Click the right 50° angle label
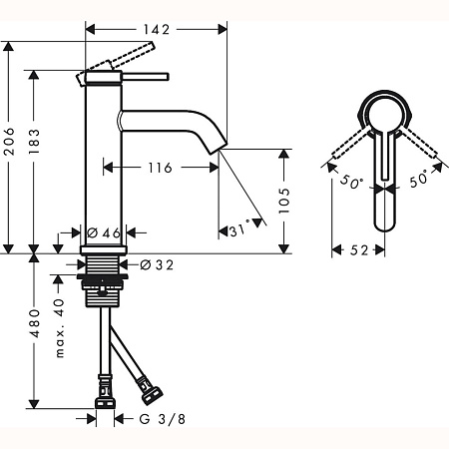click(416, 181)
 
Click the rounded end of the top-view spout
click(382, 224)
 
